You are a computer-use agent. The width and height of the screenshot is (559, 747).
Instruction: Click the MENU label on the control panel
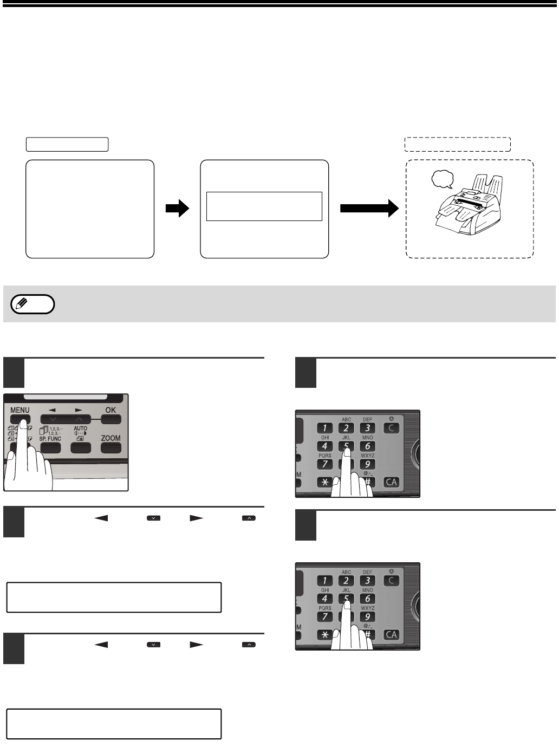pyautogui.click(x=19, y=410)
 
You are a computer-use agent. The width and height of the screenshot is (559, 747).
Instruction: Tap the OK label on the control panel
pyautogui.click(x=110, y=410)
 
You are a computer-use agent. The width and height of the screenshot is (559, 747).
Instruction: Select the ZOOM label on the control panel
pyautogui.click(x=110, y=438)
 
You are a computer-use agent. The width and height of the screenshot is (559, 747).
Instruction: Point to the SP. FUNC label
pyautogui.click(x=50, y=439)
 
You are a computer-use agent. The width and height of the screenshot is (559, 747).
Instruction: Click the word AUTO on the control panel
pyautogui.click(x=80, y=428)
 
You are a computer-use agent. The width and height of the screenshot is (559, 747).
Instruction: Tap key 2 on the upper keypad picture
pyautogui.click(x=346, y=428)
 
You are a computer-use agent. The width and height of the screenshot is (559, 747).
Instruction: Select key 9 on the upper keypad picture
pyautogui.click(x=367, y=464)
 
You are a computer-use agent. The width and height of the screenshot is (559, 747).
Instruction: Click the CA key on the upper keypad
pyautogui.click(x=392, y=482)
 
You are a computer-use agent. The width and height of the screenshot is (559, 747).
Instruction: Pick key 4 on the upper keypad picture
pyautogui.click(x=324, y=446)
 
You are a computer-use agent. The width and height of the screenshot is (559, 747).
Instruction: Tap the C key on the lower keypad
pyautogui.click(x=392, y=580)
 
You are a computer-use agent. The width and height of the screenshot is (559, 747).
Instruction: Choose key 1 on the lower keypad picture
pyautogui.click(x=324, y=581)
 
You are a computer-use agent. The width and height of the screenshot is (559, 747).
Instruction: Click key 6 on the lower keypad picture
pyautogui.click(x=367, y=599)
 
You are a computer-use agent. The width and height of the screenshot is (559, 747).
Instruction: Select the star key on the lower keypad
pyautogui.click(x=324, y=634)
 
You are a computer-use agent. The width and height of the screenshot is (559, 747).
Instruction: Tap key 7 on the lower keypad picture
pyautogui.click(x=324, y=617)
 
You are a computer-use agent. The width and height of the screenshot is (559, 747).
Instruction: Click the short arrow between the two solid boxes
pyautogui.click(x=177, y=209)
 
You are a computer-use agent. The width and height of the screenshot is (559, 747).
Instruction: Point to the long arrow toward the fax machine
pyautogui.click(x=365, y=209)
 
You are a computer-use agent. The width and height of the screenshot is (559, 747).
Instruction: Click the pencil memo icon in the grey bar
pyautogui.click(x=32, y=304)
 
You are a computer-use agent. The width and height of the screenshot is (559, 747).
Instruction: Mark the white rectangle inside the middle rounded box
pyautogui.click(x=264, y=206)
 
